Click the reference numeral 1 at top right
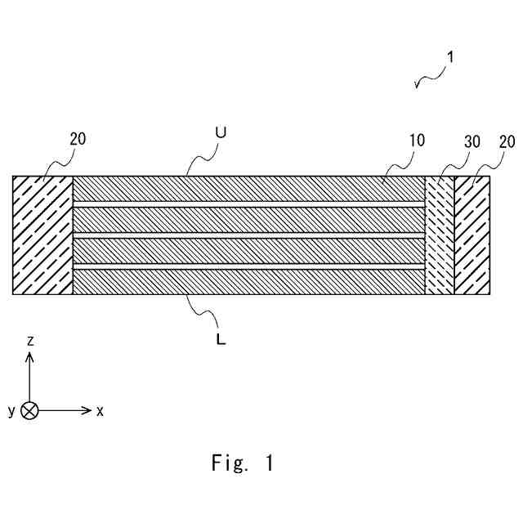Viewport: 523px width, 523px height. click(449, 58)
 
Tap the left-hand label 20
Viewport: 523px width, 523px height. click(78, 140)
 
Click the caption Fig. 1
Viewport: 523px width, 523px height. click(242, 463)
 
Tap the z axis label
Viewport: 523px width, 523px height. click(30, 340)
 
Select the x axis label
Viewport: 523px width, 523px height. click(100, 411)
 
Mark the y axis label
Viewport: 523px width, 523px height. click(11, 411)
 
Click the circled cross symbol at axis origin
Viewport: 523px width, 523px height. click(30, 410)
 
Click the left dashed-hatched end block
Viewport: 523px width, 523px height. click(43, 235)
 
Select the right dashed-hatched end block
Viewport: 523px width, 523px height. click(472, 235)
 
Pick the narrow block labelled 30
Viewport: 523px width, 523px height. click(440, 235)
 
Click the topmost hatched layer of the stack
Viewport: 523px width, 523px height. click(249, 189)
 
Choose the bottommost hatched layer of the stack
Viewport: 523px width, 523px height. click(249, 282)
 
